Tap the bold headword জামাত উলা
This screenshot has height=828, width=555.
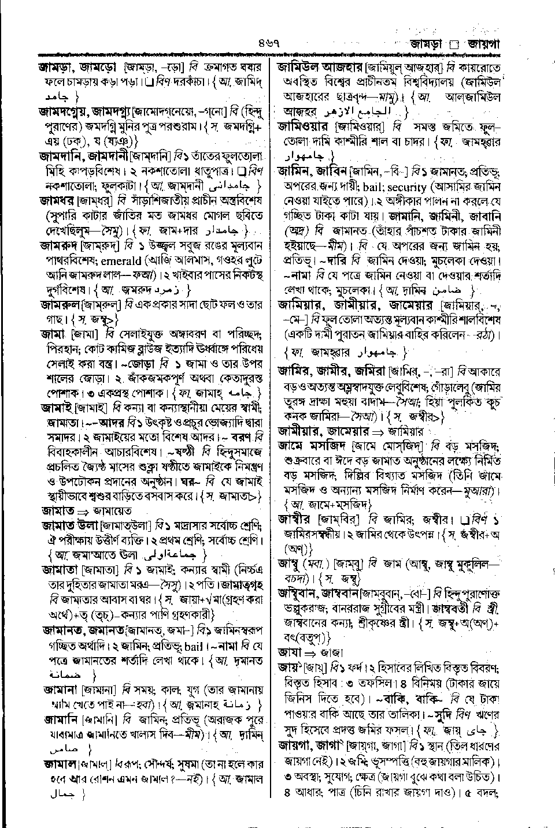69,527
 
